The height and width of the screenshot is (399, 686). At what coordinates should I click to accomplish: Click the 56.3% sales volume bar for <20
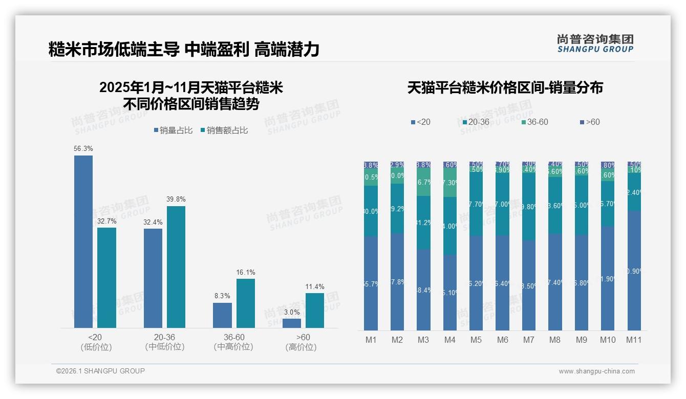83,241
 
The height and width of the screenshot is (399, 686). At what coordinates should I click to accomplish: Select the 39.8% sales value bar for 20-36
176,267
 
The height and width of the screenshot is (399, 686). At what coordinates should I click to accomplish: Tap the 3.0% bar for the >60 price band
292,323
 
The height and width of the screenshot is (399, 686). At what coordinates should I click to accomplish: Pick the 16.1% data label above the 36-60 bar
246,273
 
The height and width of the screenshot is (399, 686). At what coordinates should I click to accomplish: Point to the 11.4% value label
315,287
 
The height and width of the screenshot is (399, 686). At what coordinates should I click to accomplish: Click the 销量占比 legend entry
173,130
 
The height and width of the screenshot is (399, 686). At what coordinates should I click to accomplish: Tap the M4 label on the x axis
450,340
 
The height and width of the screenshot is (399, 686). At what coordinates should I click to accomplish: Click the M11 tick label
634,340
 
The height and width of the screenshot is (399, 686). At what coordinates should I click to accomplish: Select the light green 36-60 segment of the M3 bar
423,182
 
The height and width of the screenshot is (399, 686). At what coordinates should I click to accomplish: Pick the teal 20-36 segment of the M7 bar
529,207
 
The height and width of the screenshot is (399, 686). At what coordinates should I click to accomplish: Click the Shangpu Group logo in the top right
595,43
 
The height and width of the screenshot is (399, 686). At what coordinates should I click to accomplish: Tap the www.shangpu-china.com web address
596,371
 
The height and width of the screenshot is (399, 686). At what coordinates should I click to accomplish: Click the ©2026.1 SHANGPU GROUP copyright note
100,371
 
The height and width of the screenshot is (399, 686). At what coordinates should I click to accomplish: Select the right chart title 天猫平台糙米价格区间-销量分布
505,88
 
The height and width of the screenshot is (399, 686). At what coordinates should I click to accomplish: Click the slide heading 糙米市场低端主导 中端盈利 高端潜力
184,50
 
